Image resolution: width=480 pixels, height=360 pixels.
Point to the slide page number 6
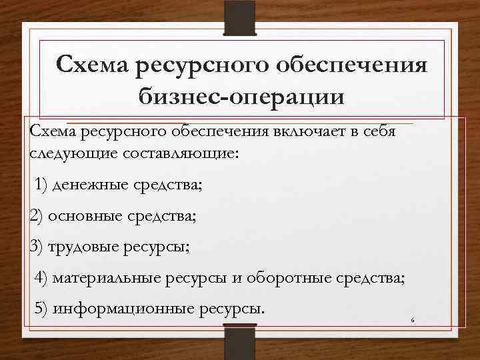pyautogui.click(x=413, y=321)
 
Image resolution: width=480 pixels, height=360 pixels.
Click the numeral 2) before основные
pyautogui.click(x=37, y=216)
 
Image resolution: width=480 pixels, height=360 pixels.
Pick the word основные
pyautogui.click(x=82, y=216)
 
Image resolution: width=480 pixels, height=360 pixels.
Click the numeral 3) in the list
pyautogui.click(x=37, y=247)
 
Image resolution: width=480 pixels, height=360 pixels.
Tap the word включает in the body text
pyautogui.click(x=304, y=131)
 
